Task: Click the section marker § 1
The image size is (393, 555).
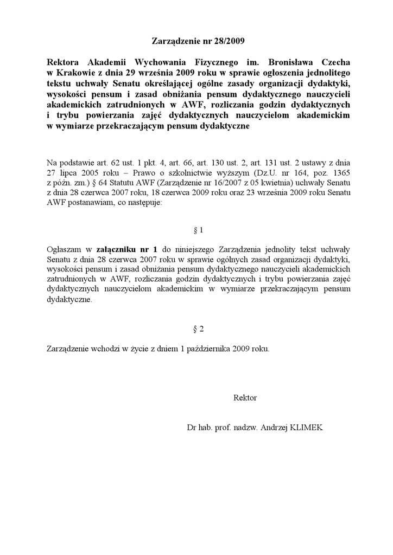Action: [x=198, y=230]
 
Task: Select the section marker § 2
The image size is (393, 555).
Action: [x=198, y=329]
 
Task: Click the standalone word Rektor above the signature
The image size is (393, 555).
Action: [x=245, y=397]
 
